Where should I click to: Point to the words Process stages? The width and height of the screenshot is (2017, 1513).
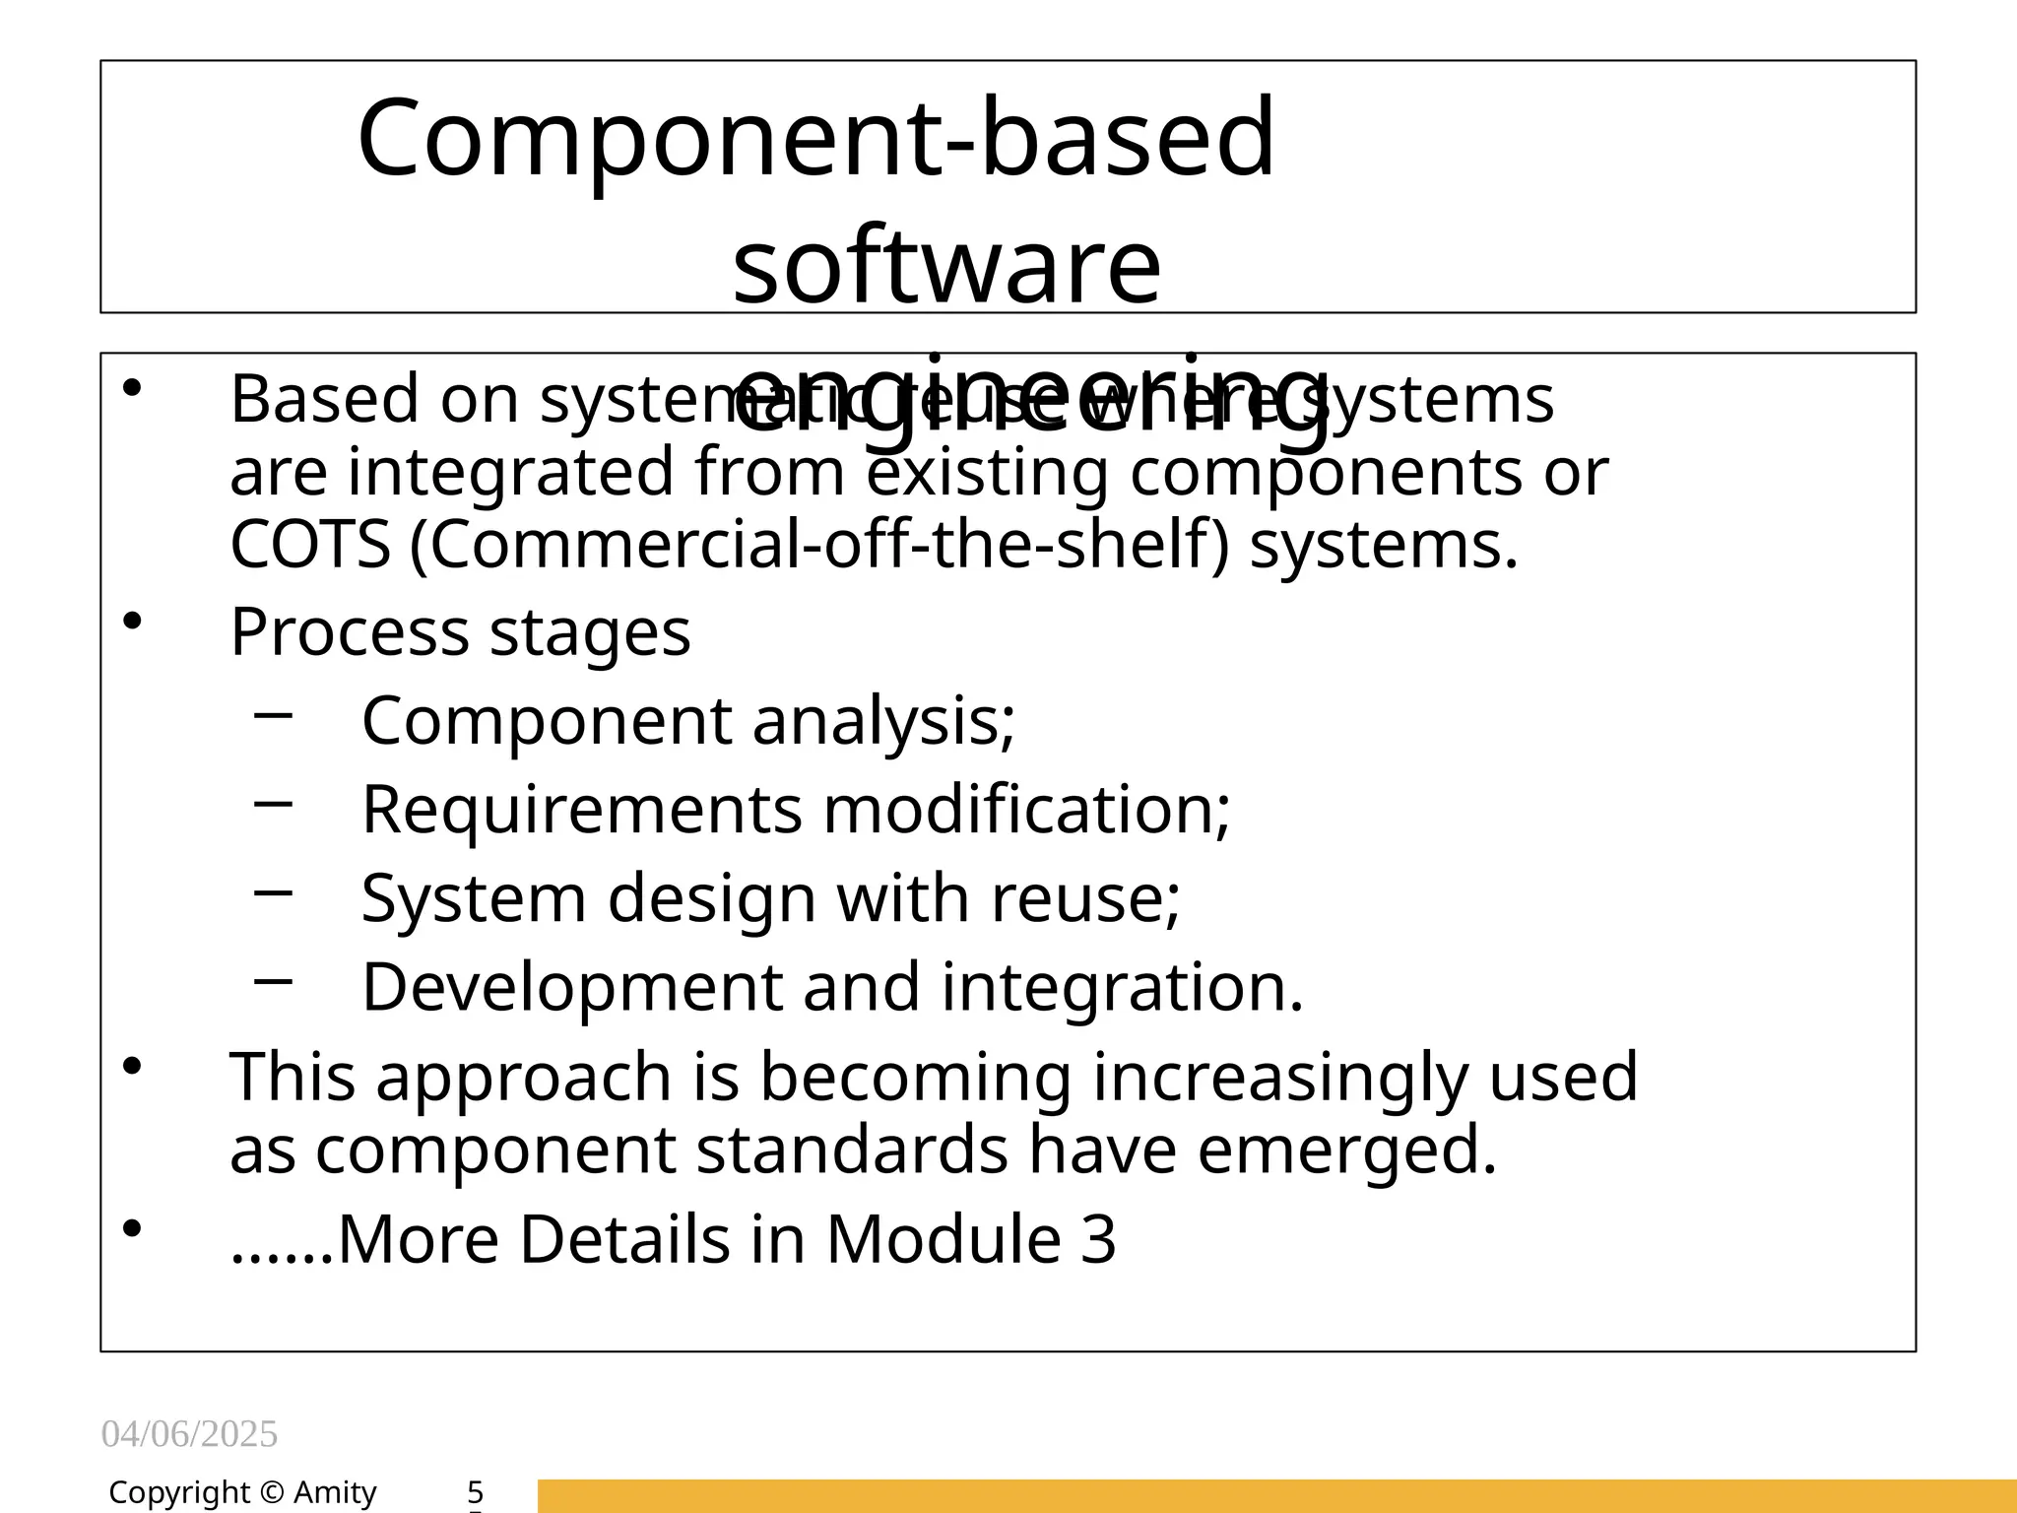pyautogui.click(x=460, y=631)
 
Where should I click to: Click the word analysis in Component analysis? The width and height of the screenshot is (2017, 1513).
pyautogui.click(x=883, y=720)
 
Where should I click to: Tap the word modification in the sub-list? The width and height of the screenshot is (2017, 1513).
pyautogui.click(x=1025, y=809)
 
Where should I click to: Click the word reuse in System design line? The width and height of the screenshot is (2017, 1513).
pyautogui.click(x=1084, y=897)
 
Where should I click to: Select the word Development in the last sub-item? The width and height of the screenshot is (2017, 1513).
pyautogui.click(x=571, y=987)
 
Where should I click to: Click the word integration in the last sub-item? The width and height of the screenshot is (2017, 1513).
pyautogui.click(x=1122, y=987)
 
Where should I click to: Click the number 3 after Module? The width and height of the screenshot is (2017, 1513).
pyautogui.click(x=1098, y=1238)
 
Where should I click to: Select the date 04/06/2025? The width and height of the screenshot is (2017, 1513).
pyautogui.click(x=189, y=1434)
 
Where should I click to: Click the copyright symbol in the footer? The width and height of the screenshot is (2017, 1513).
pyautogui.click(x=272, y=1493)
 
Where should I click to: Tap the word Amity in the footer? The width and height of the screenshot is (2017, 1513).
pyautogui.click(x=335, y=1493)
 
